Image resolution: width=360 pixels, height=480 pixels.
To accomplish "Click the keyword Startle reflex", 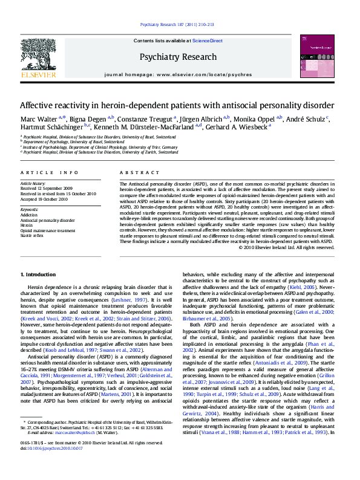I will tap(33, 235).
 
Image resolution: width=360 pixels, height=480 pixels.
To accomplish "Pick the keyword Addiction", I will tap(29, 215).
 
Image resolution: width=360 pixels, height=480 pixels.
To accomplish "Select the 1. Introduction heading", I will tap(38, 274).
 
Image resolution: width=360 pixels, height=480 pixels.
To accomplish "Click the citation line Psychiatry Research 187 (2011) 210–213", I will tap(177, 24).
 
